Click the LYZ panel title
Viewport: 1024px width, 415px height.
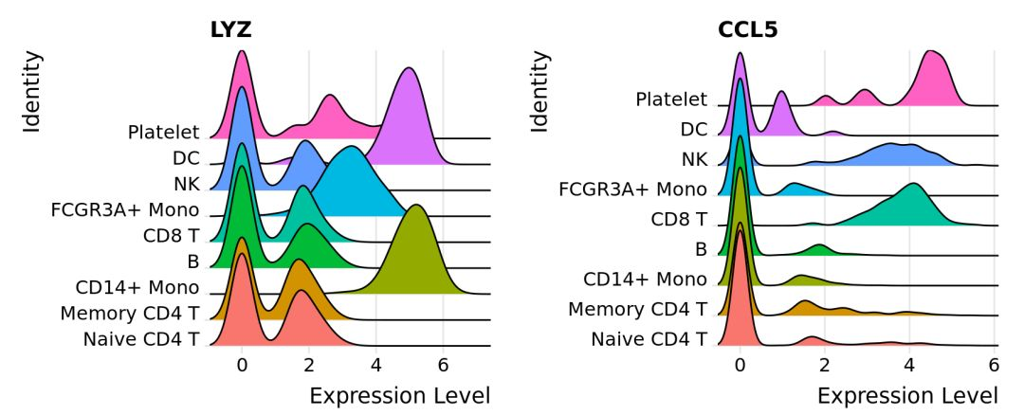tap(230, 30)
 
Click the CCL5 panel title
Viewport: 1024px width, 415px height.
tap(747, 30)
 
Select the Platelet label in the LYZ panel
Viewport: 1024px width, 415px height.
tap(163, 133)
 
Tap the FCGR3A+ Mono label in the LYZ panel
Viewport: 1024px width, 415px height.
tap(125, 209)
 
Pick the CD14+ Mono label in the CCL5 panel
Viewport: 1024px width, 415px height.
tap(645, 279)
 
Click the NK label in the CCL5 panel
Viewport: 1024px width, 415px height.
tap(693, 159)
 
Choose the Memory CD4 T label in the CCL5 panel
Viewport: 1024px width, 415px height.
tap(637, 308)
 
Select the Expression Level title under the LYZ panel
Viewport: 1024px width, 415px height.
tap(399, 394)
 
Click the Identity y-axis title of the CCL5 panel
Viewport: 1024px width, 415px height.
tap(540, 92)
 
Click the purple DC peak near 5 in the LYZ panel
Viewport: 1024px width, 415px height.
tap(409, 85)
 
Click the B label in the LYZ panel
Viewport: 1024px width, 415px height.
tap(192, 261)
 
